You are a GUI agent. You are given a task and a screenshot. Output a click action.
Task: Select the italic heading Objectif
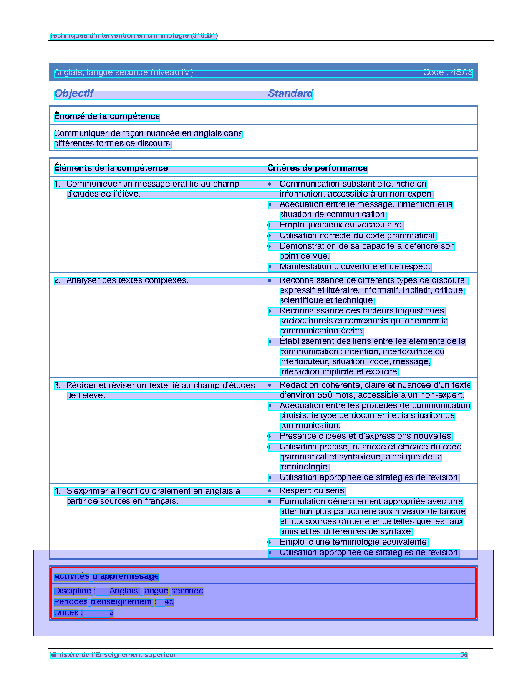(74, 93)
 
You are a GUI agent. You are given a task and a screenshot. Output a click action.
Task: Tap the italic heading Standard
(290, 93)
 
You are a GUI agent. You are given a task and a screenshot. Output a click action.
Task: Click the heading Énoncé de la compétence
(107, 116)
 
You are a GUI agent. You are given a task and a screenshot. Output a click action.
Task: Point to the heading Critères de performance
(317, 168)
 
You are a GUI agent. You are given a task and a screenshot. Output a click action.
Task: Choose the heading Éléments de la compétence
(111, 168)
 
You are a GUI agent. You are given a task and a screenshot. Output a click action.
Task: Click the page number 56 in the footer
(464, 655)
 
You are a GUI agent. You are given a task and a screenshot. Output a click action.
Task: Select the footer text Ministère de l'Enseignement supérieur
(113, 655)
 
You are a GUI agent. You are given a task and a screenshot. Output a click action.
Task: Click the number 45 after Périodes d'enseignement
(169, 602)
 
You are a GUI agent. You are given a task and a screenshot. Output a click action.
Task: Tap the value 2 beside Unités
(111, 613)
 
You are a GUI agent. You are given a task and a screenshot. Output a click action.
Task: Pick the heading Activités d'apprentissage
(106, 576)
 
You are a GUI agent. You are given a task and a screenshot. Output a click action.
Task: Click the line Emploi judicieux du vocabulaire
(341, 225)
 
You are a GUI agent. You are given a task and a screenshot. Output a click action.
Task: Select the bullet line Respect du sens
(313, 491)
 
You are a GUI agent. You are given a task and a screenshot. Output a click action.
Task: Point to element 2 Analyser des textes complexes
(127, 280)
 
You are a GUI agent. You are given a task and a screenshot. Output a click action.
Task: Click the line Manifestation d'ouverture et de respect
(356, 267)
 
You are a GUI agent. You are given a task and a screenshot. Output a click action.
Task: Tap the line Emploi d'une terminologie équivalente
(354, 542)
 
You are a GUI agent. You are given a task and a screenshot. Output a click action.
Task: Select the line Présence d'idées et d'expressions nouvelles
(366, 436)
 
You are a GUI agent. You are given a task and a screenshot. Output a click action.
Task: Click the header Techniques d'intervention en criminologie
(133, 35)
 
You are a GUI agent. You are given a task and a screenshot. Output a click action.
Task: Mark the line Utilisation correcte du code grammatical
(358, 236)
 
